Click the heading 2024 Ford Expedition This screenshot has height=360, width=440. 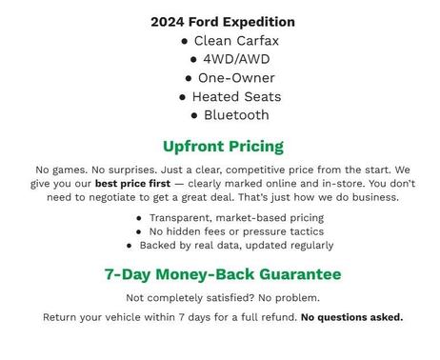pos(223,22)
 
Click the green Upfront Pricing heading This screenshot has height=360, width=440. pos(223,147)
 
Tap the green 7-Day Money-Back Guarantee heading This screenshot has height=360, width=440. pos(223,274)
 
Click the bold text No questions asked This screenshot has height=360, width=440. pos(351,317)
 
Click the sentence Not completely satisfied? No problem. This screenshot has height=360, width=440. pos(223,298)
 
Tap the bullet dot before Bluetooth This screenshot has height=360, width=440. pos(194,116)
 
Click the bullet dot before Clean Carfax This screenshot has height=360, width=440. pos(185,42)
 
